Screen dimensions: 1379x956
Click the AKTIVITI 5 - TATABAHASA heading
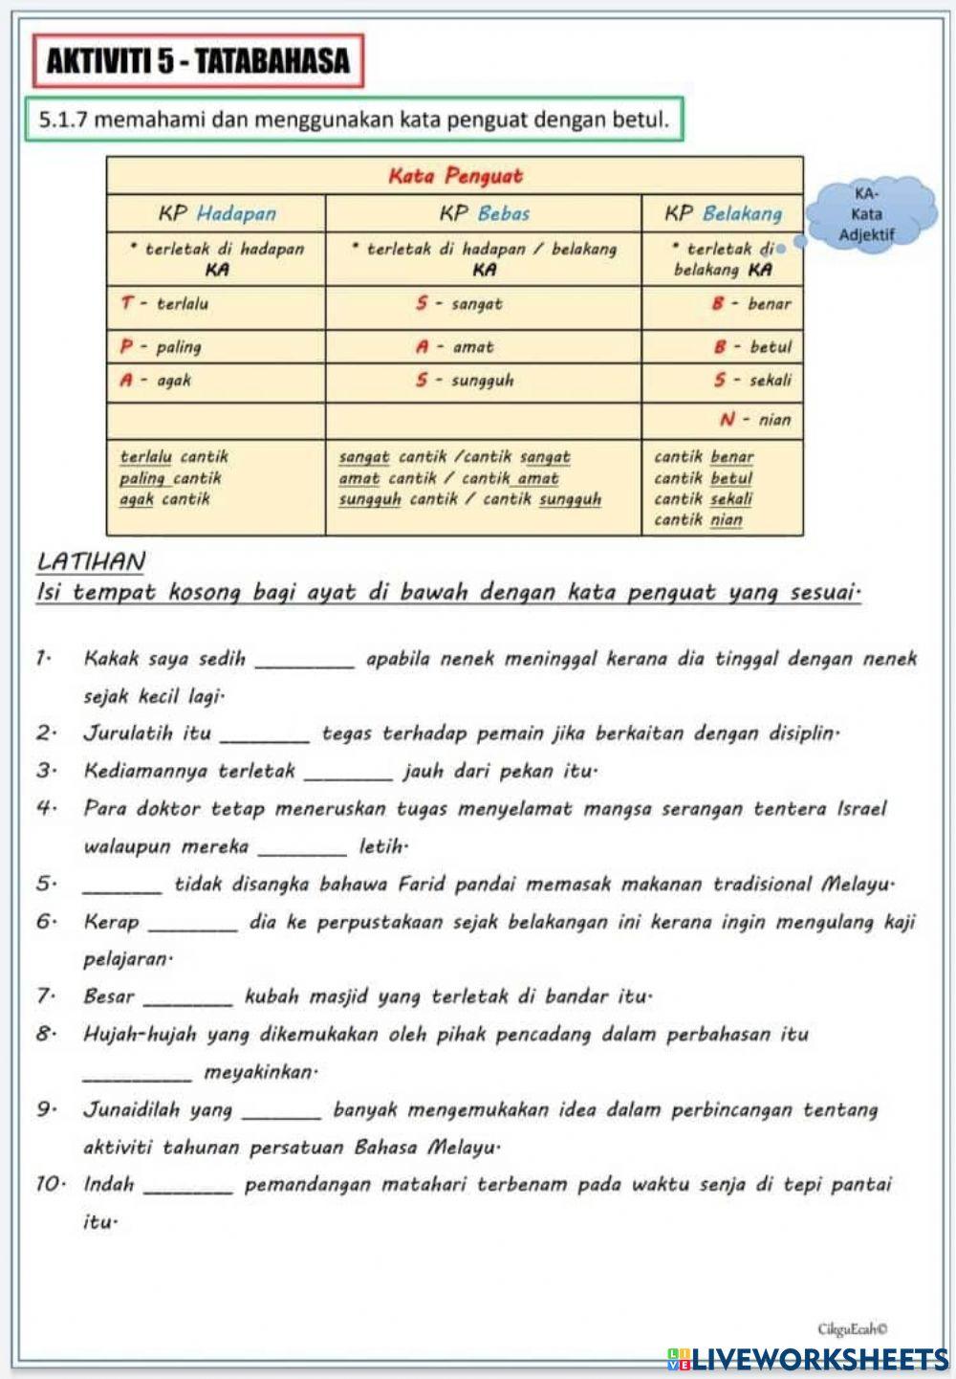tap(198, 62)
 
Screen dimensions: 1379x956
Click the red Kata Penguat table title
tap(455, 176)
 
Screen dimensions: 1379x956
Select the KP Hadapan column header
tap(217, 213)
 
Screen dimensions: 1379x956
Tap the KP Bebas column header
tap(484, 213)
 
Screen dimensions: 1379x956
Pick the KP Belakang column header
tap(723, 213)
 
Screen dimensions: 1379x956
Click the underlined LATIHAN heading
tap(91, 562)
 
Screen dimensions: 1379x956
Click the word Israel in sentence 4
tap(861, 809)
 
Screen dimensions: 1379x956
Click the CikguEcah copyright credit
tap(853, 1328)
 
